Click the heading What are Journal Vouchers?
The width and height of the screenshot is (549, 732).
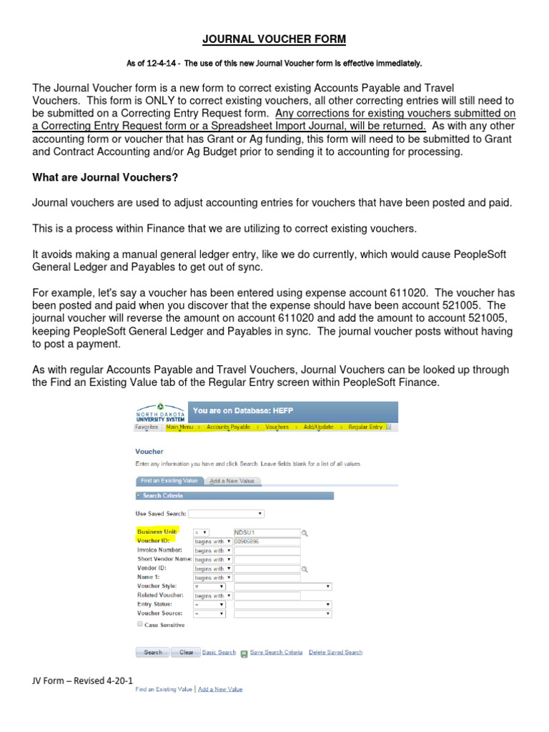[x=104, y=177]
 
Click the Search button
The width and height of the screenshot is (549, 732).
[x=152, y=652]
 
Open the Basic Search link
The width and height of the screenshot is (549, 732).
[x=219, y=652]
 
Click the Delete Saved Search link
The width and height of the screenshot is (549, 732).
[x=335, y=652]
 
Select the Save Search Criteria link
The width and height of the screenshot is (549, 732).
[x=276, y=652]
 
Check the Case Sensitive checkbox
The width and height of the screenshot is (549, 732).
[x=139, y=624]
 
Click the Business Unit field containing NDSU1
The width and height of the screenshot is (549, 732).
[x=267, y=533]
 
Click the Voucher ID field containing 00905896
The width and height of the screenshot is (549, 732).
[x=267, y=542]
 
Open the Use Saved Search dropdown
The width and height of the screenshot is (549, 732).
[x=227, y=513]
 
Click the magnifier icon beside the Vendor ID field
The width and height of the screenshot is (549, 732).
[x=305, y=569]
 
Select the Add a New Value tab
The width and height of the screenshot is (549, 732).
[x=232, y=481]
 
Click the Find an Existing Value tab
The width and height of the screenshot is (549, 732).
[x=169, y=481]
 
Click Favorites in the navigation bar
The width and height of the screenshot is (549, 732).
[x=147, y=427]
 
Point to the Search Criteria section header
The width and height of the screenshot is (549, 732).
[x=163, y=495]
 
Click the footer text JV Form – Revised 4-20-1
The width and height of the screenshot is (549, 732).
[x=82, y=681]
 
